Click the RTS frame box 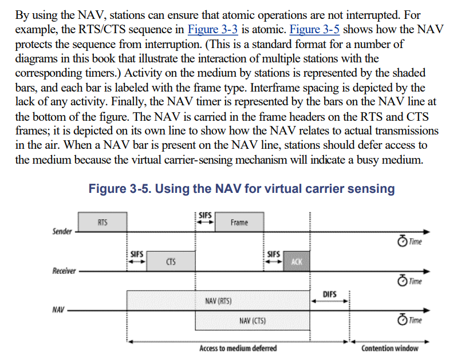[103, 222]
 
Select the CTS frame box [171, 262]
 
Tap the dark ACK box [295, 262]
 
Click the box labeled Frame [239, 222]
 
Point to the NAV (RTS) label [218, 301]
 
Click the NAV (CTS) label [252, 322]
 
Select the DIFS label [329, 295]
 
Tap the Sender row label [62, 231]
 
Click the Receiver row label [64, 271]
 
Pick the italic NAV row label [58, 310]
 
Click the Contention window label [389, 348]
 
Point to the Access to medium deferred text [238, 348]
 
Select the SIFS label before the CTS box [136, 253]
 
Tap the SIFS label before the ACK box [273, 253]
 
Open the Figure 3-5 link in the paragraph [314, 30]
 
